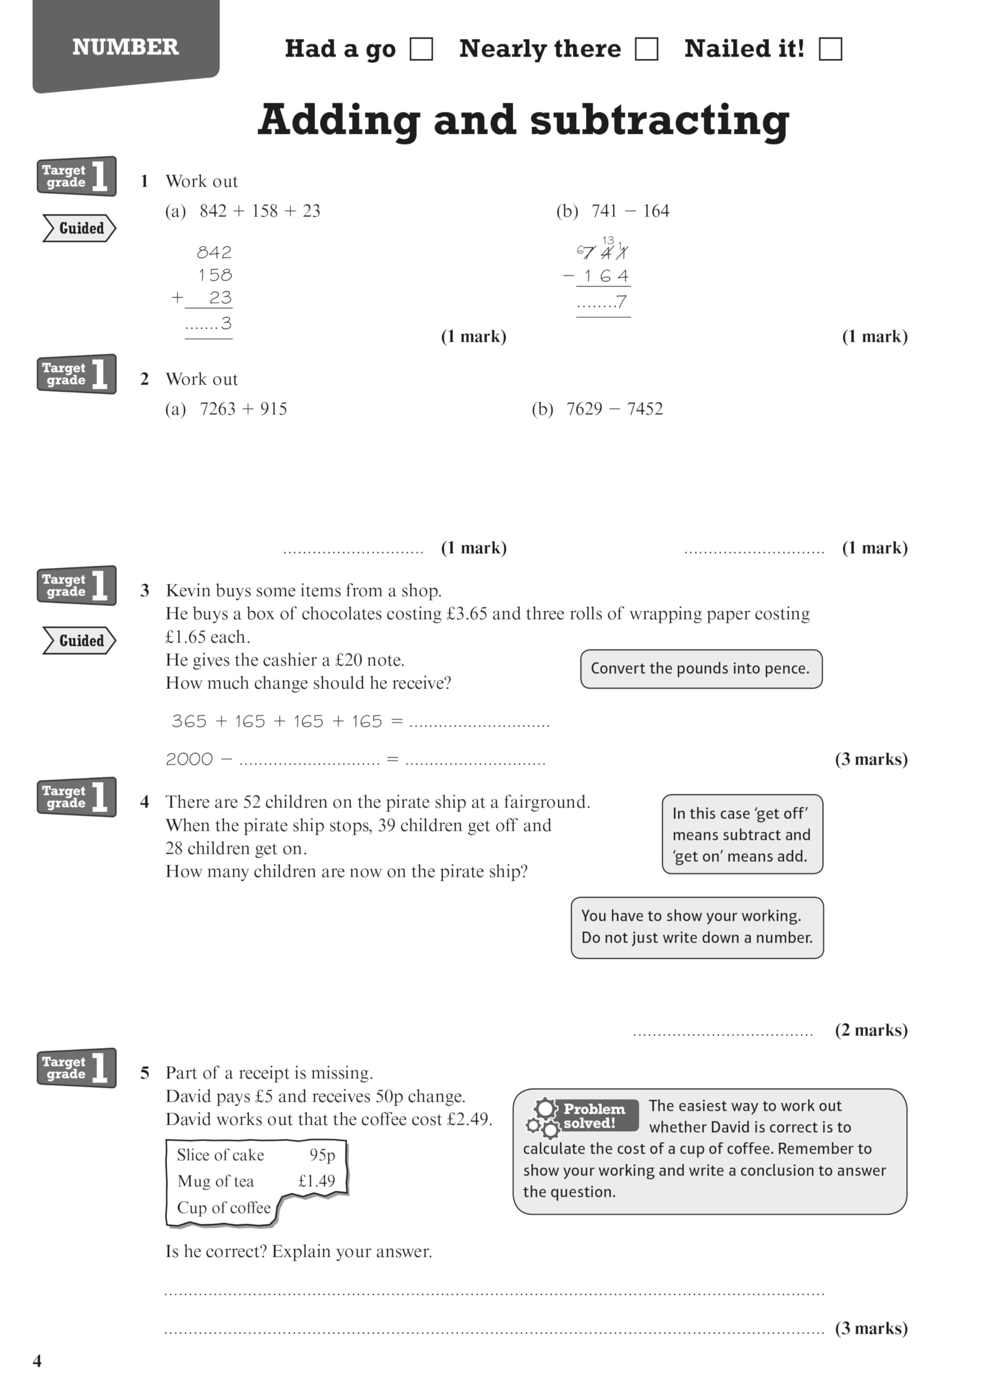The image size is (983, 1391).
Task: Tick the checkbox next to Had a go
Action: (421, 49)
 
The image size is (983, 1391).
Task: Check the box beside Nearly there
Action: (646, 49)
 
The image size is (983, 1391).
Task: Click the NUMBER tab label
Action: (125, 47)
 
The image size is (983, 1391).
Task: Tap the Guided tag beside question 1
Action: (79, 228)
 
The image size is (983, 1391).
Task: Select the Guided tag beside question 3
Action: (79, 641)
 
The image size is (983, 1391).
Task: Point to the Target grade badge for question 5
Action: (77, 1068)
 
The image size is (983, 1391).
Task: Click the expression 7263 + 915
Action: (243, 409)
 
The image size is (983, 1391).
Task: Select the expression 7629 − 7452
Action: (614, 409)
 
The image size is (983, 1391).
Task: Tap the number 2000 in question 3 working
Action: (189, 759)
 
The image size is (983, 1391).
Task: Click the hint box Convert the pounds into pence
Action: (701, 669)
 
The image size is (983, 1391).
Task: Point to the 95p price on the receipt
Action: (322, 1155)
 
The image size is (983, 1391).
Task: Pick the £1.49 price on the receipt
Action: (316, 1181)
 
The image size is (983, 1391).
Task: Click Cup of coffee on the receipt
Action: (224, 1207)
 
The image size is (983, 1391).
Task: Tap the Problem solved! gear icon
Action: (544, 1118)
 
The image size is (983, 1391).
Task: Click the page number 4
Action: (37, 1361)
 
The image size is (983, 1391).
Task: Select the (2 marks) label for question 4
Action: (871, 1030)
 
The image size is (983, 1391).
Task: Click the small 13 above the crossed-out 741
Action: (608, 240)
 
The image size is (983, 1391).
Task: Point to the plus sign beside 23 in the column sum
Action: (177, 297)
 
